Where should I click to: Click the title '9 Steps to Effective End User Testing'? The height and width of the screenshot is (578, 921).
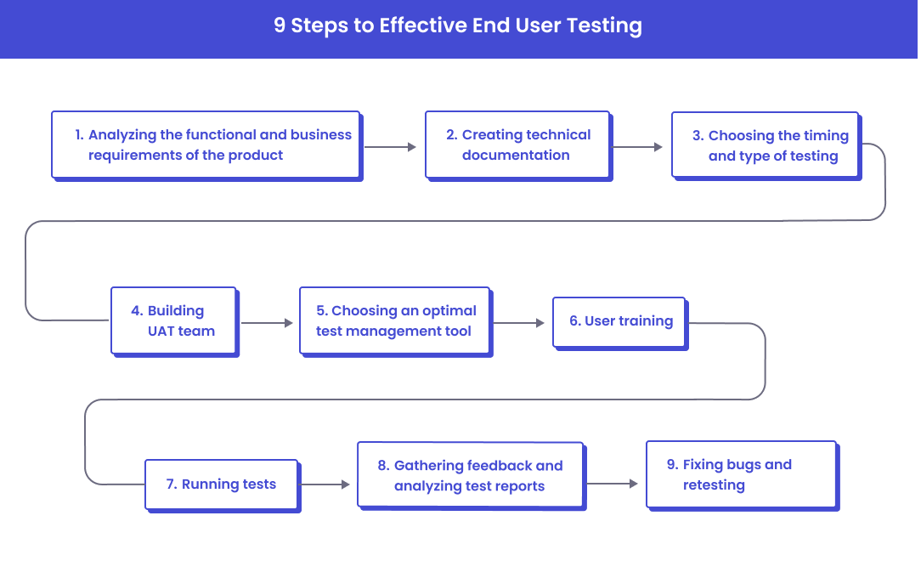pyautogui.click(x=458, y=26)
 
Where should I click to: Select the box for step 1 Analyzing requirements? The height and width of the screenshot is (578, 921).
pyautogui.click(x=206, y=144)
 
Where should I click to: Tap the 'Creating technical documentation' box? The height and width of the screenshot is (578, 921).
pyautogui.click(x=517, y=144)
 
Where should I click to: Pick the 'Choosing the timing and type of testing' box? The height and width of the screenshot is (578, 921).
pyautogui.click(x=765, y=145)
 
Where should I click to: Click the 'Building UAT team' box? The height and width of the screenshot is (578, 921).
pyautogui.click(x=173, y=320)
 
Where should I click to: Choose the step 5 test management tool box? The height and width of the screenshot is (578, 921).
pyautogui.click(x=395, y=320)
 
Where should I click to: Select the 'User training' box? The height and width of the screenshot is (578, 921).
pyautogui.click(x=619, y=321)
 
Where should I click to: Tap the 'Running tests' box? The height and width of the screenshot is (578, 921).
pyautogui.click(x=221, y=484)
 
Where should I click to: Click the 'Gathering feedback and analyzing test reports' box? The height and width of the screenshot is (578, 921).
pyautogui.click(x=470, y=475)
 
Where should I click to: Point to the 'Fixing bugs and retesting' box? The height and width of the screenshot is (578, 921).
pyautogui.click(x=741, y=474)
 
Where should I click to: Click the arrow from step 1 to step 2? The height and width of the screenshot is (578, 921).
pyautogui.click(x=391, y=147)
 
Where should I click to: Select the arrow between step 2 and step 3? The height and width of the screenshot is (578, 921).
pyautogui.click(x=637, y=147)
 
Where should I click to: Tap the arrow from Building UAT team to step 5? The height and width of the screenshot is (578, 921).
pyautogui.click(x=267, y=323)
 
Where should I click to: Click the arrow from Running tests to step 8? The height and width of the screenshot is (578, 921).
pyautogui.click(x=325, y=484)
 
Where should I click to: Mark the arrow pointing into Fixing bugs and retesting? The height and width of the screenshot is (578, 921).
pyautogui.click(x=613, y=484)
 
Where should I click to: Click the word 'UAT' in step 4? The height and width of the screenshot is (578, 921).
pyautogui.click(x=161, y=331)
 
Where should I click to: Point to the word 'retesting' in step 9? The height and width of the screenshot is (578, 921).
pyautogui.click(x=714, y=485)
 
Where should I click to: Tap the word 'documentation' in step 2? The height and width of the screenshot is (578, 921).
pyautogui.click(x=516, y=156)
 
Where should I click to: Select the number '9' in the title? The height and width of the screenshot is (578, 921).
pyautogui.click(x=280, y=26)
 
